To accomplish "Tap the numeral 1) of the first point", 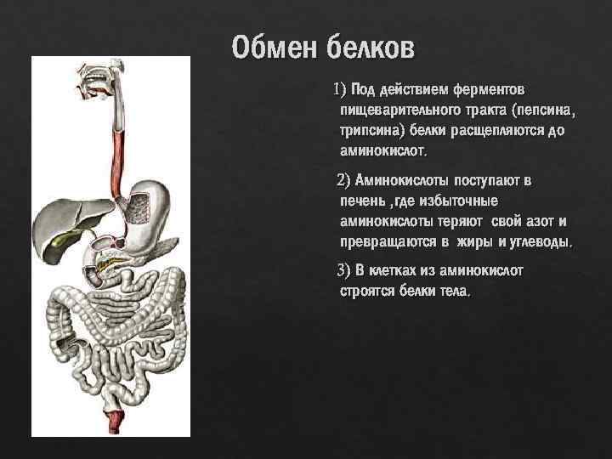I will [x=340, y=89].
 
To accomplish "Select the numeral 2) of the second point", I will [x=343, y=180].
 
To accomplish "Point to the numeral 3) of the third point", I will [x=343, y=271].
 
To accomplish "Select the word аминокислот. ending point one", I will [x=385, y=151].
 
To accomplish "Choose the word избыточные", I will [x=456, y=201].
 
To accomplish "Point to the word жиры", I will [x=472, y=241].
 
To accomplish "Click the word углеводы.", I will [x=539, y=241].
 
